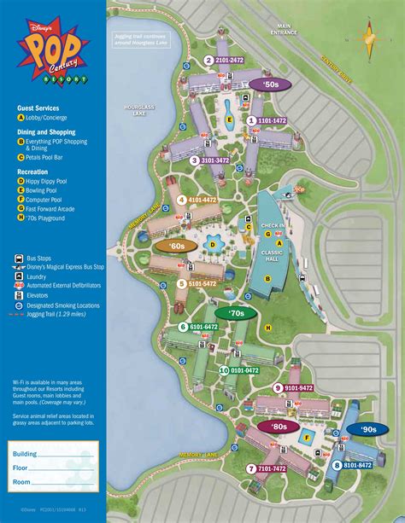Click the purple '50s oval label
tap(272, 84)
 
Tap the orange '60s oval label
tap(177, 246)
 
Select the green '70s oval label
tap(236, 313)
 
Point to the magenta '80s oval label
tap(279, 426)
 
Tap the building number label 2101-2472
tap(224, 60)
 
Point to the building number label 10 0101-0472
tap(241, 370)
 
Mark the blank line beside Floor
tap(68, 468)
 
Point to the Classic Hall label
tap(273, 255)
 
